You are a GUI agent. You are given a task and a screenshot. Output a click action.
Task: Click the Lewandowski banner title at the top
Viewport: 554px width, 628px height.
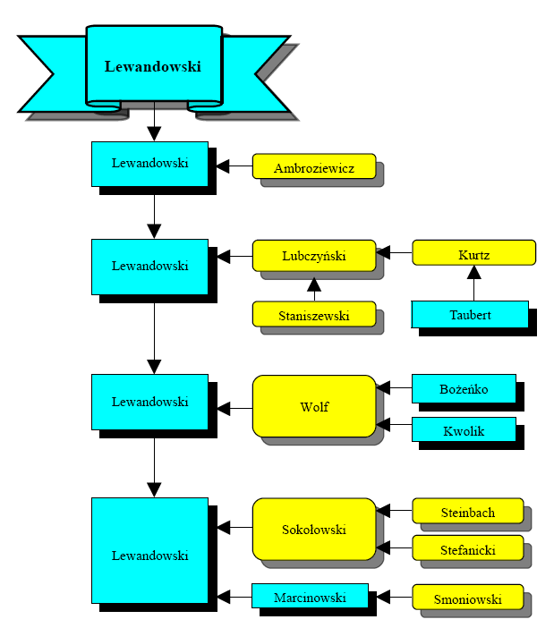pos(153,66)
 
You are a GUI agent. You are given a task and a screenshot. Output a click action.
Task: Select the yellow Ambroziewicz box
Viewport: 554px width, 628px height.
pos(314,166)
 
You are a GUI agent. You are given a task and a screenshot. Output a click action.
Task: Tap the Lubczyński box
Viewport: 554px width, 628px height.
pos(314,255)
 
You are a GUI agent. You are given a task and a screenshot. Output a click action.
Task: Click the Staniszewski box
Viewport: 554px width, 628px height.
pos(314,314)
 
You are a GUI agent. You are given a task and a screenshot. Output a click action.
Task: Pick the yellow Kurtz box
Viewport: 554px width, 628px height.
pos(473,254)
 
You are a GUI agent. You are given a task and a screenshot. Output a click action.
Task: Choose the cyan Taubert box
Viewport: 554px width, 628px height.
pos(470,314)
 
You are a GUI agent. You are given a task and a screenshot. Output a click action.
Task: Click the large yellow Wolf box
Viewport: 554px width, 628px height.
pos(314,406)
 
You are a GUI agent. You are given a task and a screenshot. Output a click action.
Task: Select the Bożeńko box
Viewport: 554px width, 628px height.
pos(464,388)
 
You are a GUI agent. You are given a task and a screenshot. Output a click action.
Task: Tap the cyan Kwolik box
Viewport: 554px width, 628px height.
pos(464,429)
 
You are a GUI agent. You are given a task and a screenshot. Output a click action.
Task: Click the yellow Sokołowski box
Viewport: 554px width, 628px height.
pos(314,529)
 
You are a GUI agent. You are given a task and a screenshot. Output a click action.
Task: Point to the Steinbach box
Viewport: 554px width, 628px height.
pos(467,512)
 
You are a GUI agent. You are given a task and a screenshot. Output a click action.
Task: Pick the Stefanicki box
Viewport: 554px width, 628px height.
pos(467,548)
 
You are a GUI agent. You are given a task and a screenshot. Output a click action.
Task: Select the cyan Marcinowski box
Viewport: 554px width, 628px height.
pos(310,596)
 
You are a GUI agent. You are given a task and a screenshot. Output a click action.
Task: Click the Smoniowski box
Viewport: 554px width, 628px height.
pos(467,598)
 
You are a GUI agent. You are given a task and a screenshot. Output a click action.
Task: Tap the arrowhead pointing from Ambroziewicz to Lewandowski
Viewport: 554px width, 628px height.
pos(222,166)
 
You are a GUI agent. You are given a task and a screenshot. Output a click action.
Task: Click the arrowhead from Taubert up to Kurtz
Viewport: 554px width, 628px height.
pos(473,272)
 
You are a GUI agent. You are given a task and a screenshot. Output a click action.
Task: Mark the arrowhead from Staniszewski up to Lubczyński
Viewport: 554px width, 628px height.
pos(314,285)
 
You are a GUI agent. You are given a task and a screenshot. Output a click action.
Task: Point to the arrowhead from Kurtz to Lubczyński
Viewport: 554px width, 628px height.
pos(383,254)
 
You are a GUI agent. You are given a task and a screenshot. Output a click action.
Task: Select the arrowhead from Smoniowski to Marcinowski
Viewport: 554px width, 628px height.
pos(383,596)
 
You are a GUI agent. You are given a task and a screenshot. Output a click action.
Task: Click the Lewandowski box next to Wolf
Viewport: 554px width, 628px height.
pos(149,402)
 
